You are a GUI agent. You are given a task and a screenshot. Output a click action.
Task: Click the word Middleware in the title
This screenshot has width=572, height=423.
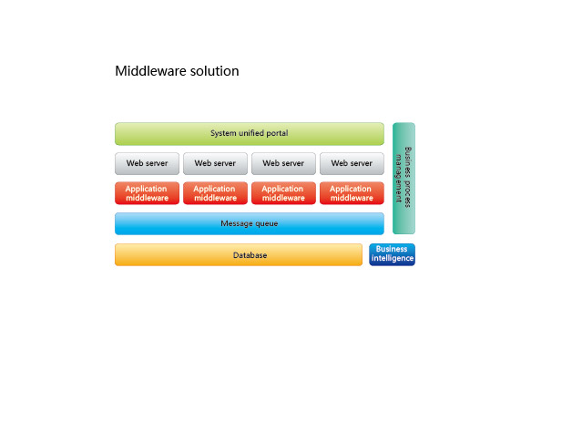(151, 71)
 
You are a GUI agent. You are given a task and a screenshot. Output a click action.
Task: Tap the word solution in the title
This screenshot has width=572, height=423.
(215, 71)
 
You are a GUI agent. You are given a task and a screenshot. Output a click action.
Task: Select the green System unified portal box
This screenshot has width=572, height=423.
(250, 134)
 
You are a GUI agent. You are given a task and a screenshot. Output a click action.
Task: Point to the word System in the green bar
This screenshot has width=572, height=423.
(223, 133)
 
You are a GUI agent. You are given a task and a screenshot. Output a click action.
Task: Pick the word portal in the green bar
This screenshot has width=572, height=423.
(277, 133)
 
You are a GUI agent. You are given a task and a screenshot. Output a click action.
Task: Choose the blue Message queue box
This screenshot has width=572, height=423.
(250, 223)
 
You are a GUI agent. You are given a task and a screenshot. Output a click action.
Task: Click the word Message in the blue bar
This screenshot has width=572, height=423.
(236, 223)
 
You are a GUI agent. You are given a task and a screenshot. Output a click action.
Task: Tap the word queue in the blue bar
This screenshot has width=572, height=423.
(266, 223)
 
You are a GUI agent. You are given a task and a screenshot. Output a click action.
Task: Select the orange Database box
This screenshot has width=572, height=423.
(239, 254)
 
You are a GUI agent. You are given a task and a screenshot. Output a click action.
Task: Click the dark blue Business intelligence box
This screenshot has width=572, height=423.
(392, 254)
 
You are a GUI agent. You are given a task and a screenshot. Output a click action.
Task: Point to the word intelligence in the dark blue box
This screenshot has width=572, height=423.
(393, 258)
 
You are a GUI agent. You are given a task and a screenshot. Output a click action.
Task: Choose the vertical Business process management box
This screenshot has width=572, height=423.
(403, 178)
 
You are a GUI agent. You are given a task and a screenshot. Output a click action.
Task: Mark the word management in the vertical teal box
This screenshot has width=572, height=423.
(399, 178)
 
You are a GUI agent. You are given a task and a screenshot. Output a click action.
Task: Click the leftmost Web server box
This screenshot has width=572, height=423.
(147, 163)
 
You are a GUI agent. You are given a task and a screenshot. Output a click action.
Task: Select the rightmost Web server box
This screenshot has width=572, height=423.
(352, 163)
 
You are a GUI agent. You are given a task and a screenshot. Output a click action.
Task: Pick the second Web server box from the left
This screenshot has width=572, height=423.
(215, 163)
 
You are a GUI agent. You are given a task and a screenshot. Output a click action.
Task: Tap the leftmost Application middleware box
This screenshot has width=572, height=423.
(147, 193)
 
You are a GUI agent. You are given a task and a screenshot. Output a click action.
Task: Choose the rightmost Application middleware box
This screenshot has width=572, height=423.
(352, 193)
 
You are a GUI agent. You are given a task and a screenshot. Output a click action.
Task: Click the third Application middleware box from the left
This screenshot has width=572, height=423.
(283, 193)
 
